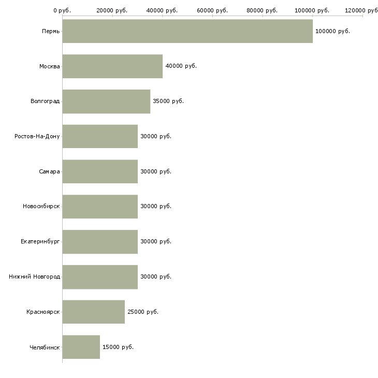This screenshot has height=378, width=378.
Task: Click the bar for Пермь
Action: [x=187, y=31]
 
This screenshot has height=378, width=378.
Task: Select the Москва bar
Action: [x=112, y=66]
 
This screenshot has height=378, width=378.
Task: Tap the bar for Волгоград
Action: [x=106, y=101]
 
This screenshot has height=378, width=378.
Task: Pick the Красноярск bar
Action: [x=94, y=312]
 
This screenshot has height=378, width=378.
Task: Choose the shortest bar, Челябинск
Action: [x=81, y=347]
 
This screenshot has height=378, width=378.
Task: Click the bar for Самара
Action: [x=100, y=171]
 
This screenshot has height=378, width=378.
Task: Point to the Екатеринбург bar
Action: [x=100, y=242]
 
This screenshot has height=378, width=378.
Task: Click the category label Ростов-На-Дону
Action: [x=37, y=137]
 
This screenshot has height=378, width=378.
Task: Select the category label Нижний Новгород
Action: [x=35, y=277]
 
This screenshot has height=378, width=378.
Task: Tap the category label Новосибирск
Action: [x=41, y=207]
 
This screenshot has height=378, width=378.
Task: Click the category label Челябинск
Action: [x=45, y=347]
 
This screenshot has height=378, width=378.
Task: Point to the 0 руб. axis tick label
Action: [x=62, y=10]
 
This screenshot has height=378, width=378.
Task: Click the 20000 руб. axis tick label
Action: [x=112, y=10]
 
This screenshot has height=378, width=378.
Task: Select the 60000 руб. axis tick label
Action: [x=212, y=10]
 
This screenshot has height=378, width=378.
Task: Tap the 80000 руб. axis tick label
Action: [x=262, y=10]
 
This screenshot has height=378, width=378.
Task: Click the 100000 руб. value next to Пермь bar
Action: [x=332, y=32]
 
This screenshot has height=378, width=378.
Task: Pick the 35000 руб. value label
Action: [x=168, y=101]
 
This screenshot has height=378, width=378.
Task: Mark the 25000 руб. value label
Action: [x=143, y=312]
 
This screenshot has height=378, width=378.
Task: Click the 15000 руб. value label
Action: [x=118, y=347]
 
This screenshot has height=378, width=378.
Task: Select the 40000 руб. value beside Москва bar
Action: [x=181, y=66]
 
